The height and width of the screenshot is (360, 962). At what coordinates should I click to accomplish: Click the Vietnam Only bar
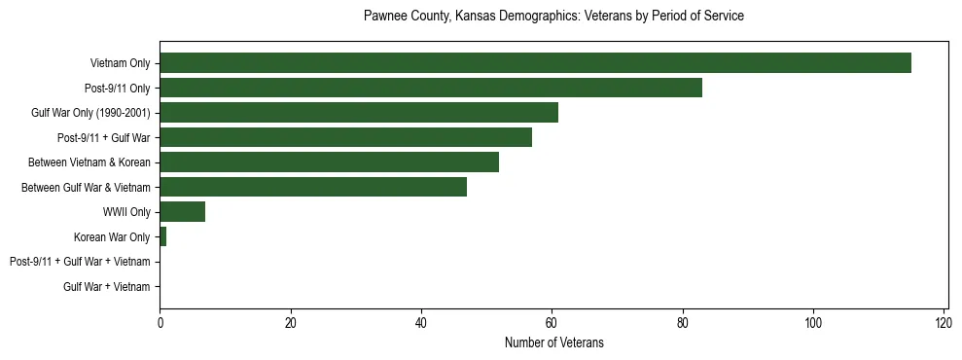tap(535, 63)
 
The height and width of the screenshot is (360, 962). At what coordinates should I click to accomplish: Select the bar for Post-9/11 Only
tap(431, 89)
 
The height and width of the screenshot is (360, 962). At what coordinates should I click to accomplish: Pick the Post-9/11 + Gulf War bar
tap(345, 137)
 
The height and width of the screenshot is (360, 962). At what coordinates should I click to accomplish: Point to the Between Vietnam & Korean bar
tap(329, 162)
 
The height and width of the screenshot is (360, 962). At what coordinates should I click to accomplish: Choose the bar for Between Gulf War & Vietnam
tap(313, 187)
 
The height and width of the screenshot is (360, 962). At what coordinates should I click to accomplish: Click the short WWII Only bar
tap(182, 212)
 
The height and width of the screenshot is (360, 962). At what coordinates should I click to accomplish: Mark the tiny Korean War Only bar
tap(162, 236)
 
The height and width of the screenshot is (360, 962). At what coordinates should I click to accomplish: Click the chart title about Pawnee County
tap(553, 17)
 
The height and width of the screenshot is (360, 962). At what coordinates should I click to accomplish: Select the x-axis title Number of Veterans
tap(553, 342)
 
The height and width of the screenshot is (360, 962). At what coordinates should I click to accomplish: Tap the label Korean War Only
tap(112, 237)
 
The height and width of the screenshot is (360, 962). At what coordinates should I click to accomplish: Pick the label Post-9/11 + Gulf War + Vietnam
tap(80, 262)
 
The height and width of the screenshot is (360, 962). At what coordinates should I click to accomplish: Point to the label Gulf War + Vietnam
tap(107, 287)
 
